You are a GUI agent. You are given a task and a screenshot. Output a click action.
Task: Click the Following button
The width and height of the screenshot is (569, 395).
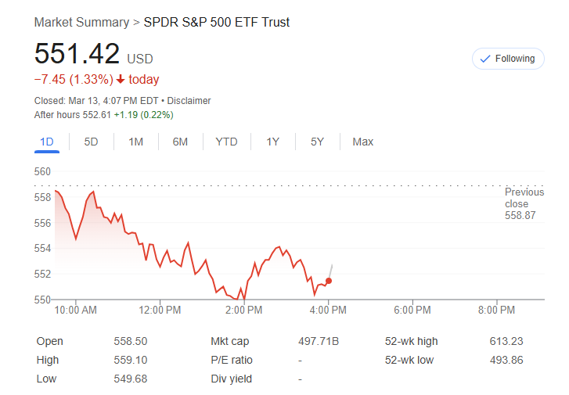pyautogui.click(x=507, y=59)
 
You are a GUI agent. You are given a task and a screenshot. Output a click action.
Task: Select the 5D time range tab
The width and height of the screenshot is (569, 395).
pyautogui.click(x=92, y=142)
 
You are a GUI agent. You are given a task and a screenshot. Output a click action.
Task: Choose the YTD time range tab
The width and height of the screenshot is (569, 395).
pyautogui.click(x=226, y=142)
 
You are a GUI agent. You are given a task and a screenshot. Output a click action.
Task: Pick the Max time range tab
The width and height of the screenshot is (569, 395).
pyautogui.click(x=362, y=142)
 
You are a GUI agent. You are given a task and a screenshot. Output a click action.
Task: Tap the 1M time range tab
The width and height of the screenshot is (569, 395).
pyautogui.click(x=136, y=142)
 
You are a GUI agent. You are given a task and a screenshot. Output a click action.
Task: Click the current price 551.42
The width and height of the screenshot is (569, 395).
pyautogui.click(x=77, y=54)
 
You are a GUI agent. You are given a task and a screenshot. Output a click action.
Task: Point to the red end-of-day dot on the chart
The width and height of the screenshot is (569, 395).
pyautogui.click(x=329, y=281)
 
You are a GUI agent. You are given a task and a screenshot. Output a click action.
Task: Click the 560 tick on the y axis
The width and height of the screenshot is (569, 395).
pyautogui.click(x=43, y=172)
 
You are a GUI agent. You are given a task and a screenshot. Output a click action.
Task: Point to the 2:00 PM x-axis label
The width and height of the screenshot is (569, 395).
pyautogui.click(x=243, y=311)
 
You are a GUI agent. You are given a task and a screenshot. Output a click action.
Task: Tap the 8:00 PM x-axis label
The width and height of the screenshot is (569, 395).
pyautogui.click(x=496, y=311)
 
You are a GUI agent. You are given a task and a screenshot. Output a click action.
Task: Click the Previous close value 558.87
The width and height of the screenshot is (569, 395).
pyautogui.click(x=520, y=215)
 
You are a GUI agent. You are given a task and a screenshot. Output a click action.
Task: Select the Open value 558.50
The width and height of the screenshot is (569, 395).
pyautogui.click(x=131, y=341)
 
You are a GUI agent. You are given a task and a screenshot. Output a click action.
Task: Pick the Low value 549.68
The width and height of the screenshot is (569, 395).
pyautogui.click(x=131, y=379)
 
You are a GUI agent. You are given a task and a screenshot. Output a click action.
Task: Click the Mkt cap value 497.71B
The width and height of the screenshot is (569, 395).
pyautogui.click(x=319, y=341)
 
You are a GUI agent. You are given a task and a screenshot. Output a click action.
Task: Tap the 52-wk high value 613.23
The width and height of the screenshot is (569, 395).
pyautogui.click(x=506, y=341)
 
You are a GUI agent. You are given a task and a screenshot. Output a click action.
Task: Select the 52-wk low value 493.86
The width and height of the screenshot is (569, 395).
pyautogui.click(x=506, y=360)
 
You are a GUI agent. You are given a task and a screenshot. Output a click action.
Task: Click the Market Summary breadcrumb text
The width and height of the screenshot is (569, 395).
pyautogui.click(x=81, y=22)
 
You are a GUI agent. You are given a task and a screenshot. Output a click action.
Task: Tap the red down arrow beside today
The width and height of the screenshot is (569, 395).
pyautogui.click(x=121, y=80)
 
